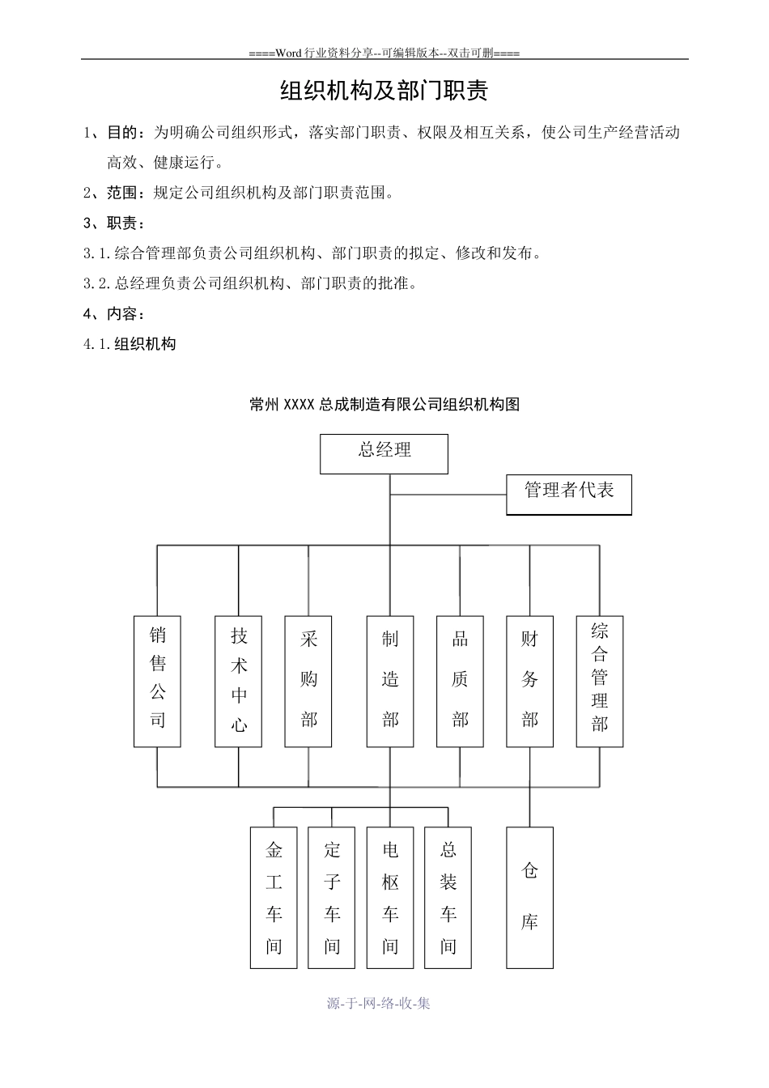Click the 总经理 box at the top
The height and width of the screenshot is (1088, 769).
[x=384, y=453]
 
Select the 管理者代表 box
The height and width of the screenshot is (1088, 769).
[x=568, y=494]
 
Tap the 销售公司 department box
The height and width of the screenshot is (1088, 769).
[x=157, y=681]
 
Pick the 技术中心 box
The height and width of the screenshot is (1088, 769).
[x=238, y=681]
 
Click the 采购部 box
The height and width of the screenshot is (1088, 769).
[x=308, y=681]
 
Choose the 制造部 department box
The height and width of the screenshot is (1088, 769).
[x=390, y=681]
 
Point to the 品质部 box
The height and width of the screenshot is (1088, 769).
[x=460, y=681]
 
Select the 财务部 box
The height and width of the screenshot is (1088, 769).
[x=529, y=681]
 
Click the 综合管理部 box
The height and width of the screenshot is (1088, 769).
[x=599, y=681]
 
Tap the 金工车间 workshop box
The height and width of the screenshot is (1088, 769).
[x=274, y=897]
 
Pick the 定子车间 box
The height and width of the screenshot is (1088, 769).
[x=332, y=897]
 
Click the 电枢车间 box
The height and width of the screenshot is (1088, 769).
[x=390, y=897]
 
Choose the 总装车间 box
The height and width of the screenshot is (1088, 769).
[x=448, y=897]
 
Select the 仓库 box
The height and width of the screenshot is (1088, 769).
[x=529, y=897]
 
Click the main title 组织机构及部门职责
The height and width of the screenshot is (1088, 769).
[x=384, y=91]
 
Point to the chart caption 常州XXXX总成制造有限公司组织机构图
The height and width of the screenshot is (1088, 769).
[x=384, y=405]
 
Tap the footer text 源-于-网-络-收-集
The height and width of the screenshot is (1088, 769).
[x=379, y=1003]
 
